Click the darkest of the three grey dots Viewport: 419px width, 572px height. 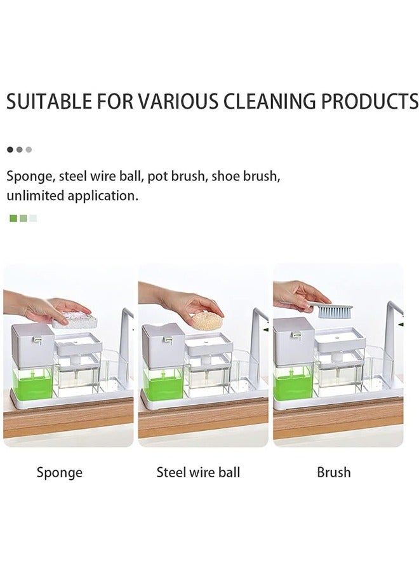pyautogui.click(x=10, y=150)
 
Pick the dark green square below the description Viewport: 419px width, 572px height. pyautogui.click(x=13, y=218)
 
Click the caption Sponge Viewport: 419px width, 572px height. pyautogui.click(x=60, y=472)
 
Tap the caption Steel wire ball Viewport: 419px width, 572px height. pyautogui.click(x=198, y=472)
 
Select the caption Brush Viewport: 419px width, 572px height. pyautogui.click(x=334, y=472)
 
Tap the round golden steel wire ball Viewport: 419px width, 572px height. pyautogui.click(x=208, y=320)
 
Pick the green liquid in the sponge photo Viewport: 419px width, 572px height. pyautogui.click(x=32, y=383)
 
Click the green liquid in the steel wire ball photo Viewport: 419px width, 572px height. pyautogui.click(x=163, y=383)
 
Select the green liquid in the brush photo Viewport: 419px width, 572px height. pyautogui.click(x=293, y=383)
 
